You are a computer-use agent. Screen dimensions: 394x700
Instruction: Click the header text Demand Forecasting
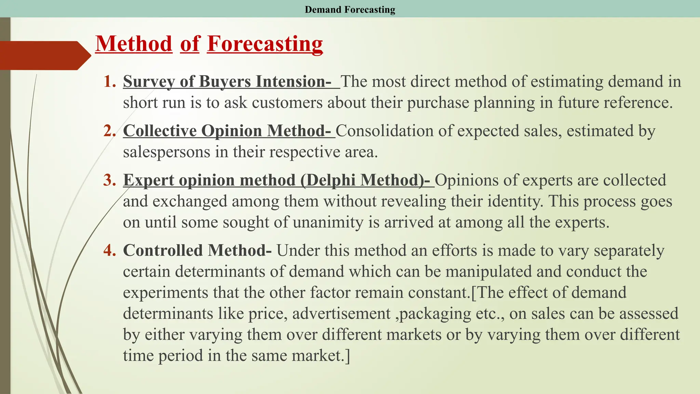point(350,9)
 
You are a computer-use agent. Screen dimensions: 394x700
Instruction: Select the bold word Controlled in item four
point(163,250)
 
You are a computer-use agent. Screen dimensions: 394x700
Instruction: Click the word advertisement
point(341,314)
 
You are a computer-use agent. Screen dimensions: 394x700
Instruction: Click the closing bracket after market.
point(347,356)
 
